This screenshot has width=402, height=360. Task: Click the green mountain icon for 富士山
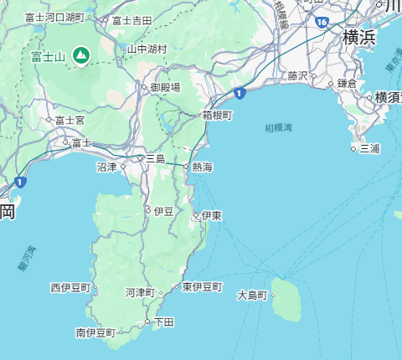[80, 56]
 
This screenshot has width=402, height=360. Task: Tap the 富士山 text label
[49, 57]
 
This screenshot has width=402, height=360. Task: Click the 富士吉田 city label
[132, 20]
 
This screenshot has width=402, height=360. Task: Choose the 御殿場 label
[165, 87]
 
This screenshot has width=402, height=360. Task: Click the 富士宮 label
[70, 121]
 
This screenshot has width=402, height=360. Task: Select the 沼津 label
[107, 167]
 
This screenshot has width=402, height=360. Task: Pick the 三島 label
[156, 158]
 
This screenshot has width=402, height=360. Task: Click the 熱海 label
[202, 167]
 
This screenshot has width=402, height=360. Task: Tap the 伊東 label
[212, 216]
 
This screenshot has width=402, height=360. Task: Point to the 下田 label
[163, 321]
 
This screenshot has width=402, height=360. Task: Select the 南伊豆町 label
[95, 332]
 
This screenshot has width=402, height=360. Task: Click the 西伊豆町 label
[70, 287]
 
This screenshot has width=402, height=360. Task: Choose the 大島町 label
[252, 296]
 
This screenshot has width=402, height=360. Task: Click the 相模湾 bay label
[278, 128]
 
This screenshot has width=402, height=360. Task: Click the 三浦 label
[370, 149]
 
